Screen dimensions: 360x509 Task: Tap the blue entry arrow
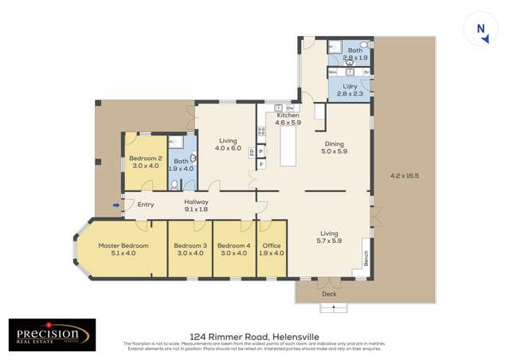tap(117, 205)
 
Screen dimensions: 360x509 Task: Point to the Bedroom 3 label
tap(190, 245)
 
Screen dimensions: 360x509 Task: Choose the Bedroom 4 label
tap(234, 245)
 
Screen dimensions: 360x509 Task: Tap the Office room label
tap(272, 245)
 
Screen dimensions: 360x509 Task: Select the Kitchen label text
tap(288, 115)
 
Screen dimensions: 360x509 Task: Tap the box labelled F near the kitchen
tap(260, 165)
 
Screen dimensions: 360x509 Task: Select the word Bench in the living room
tap(367, 259)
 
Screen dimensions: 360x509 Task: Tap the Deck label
tap(330, 294)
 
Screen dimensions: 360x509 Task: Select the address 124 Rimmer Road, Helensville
tap(253, 336)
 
